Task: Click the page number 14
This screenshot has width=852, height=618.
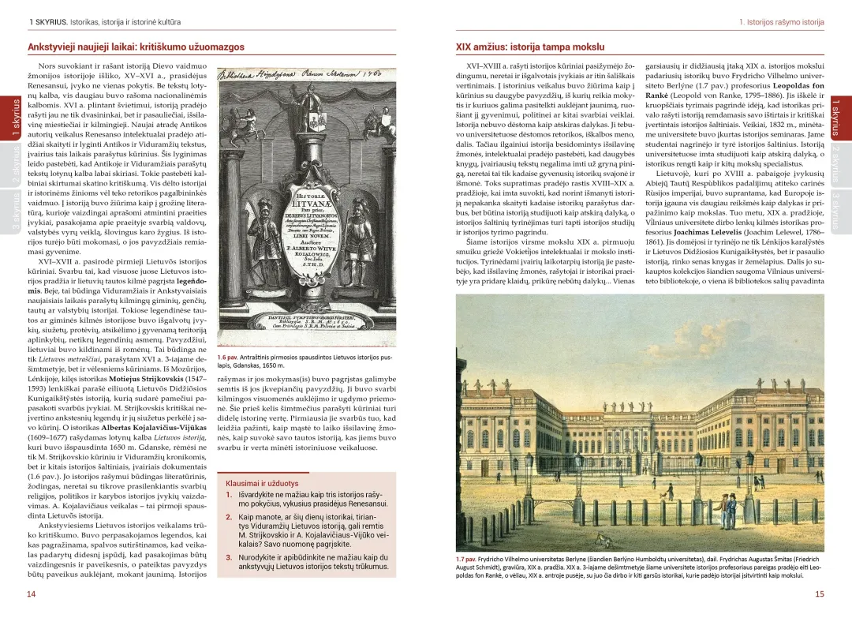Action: (x=32, y=594)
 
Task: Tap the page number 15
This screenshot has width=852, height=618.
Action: (x=820, y=594)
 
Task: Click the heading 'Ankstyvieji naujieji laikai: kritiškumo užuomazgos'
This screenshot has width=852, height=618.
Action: (x=136, y=47)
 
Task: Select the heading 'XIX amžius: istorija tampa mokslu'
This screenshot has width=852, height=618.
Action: (x=530, y=47)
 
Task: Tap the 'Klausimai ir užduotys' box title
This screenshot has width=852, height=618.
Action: (x=262, y=482)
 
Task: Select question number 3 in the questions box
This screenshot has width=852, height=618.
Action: (x=229, y=557)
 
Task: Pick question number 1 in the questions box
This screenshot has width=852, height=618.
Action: (x=229, y=495)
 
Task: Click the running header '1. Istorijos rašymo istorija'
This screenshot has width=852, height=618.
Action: (x=781, y=22)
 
